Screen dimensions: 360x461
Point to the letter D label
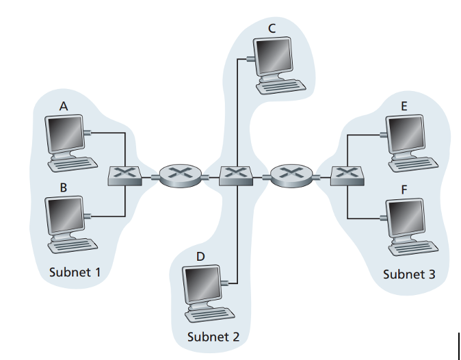pyautogui.click(x=200, y=256)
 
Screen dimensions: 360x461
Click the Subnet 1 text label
pyautogui.click(x=75, y=272)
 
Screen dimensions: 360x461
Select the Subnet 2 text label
pyautogui.click(x=213, y=337)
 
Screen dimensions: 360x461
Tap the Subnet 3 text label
pyautogui.click(x=408, y=274)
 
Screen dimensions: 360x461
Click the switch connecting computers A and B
pyautogui.click(x=124, y=175)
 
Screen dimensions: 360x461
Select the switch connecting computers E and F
pyautogui.click(x=347, y=175)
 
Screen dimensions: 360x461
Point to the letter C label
pyautogui.click(x=272, y=28)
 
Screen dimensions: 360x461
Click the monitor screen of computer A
pyautogui.click(x=64, y=133)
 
